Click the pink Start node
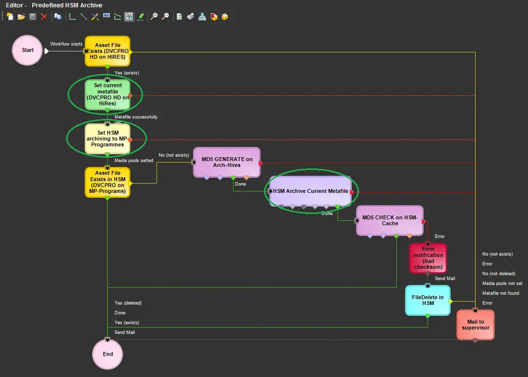[27, 50]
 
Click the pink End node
[108, 354]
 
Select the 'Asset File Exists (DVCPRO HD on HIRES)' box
[108, 51]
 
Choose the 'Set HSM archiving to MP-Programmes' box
[108, 139]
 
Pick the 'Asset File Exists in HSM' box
[108, 182]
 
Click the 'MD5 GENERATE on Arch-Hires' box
[227, 162]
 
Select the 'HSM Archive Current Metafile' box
[311, 191]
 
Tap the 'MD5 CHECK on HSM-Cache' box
[390, 220]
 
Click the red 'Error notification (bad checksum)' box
[428, 258]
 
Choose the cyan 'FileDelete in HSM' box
[428, 300]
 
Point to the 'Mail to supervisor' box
[475, 325]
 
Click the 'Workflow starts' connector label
[67, 44]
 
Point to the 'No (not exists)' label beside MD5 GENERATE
[173, 155]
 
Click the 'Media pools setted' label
[134, 161]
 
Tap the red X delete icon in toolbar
[44, 17]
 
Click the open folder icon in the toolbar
[21, 17]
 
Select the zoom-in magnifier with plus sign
[154, 17]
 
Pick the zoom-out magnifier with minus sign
[166, 17]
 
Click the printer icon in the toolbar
[191, 17]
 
